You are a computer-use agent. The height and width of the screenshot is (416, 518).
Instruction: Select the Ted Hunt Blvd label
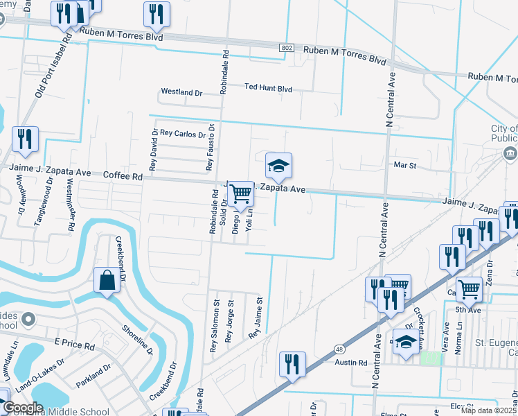(x=268, y=89)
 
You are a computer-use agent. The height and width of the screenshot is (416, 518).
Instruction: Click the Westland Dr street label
(x=181, y=92)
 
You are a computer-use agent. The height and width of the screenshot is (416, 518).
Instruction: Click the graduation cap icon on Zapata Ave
(x=278, y=167)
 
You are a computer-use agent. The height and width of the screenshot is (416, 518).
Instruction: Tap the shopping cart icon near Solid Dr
(x=240, y=193)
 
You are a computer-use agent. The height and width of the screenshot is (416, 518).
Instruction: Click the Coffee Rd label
(x=123, y=177)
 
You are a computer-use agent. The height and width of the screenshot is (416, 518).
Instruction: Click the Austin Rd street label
(x=352, y=363)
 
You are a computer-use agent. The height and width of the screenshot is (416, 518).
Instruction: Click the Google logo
(x=23, y=408)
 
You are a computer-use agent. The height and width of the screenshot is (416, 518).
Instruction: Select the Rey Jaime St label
(x=258, y=318)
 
